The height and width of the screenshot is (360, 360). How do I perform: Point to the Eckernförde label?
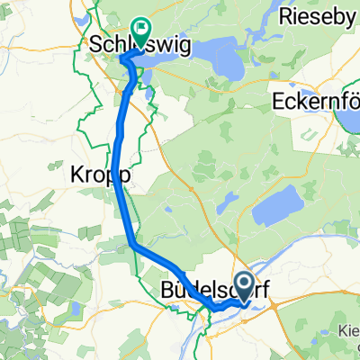[315, 96]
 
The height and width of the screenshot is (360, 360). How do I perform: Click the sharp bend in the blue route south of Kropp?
[132, 244]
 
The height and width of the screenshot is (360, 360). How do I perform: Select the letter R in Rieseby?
[286, 16]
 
